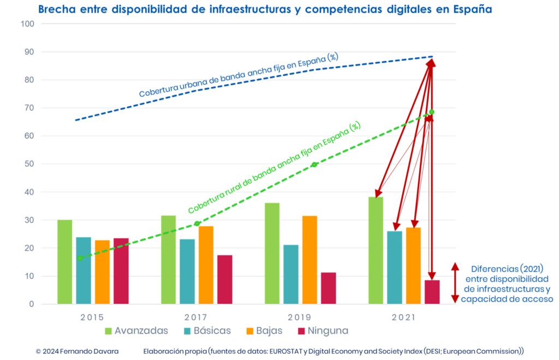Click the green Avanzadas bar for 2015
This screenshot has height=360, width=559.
coord(64,262)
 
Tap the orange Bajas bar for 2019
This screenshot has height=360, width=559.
coord(310,259)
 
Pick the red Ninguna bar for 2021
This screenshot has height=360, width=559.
coord(432,292)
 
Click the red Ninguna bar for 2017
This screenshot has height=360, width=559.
coord(225,279)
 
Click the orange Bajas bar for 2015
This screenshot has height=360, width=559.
coord(102,272)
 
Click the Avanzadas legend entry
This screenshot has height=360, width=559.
coord(136,331)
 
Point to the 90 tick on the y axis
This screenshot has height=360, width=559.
coord(27,52)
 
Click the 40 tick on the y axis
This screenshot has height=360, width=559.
coord(27,192)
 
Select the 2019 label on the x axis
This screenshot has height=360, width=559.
coord(299,317)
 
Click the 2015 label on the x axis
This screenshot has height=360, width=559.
coord(93,317)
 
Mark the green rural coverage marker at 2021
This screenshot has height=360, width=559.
coord(432,112)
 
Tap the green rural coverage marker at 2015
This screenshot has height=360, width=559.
coord(80,258)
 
